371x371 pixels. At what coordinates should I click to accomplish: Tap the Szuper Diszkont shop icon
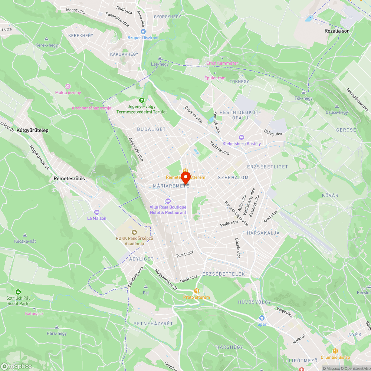click(x=143, y=32)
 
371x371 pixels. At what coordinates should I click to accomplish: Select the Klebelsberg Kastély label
click(x=242, y=144)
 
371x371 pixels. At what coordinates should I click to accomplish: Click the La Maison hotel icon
click(x=97, y=212)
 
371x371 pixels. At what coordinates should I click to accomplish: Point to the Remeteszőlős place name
click(x=69, y=178)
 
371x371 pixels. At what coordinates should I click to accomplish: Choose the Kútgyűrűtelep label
click(x=32, y=130)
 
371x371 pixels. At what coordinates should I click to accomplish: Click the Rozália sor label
click(x=336, y=31)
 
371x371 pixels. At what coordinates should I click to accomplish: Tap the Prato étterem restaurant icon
click(x=197, y=291)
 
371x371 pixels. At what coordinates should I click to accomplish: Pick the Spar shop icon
click(x=262, y=318)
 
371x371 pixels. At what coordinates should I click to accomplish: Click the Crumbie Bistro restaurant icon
click(x=335, y=351)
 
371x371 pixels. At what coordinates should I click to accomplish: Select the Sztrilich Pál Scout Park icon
click(x=18, y=292)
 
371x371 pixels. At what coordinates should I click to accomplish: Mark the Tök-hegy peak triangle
click(x=303, y=92)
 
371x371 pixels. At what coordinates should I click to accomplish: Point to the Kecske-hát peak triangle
click(x=25, y=235)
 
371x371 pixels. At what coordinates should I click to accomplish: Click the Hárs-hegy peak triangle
click(x=56, y=327)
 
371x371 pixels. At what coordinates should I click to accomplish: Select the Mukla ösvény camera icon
click(x=68, y=86)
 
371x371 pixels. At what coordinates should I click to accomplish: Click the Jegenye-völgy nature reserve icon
click(x=141, y=100)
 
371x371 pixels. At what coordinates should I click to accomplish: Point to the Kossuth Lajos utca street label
click(x=236, y=214)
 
